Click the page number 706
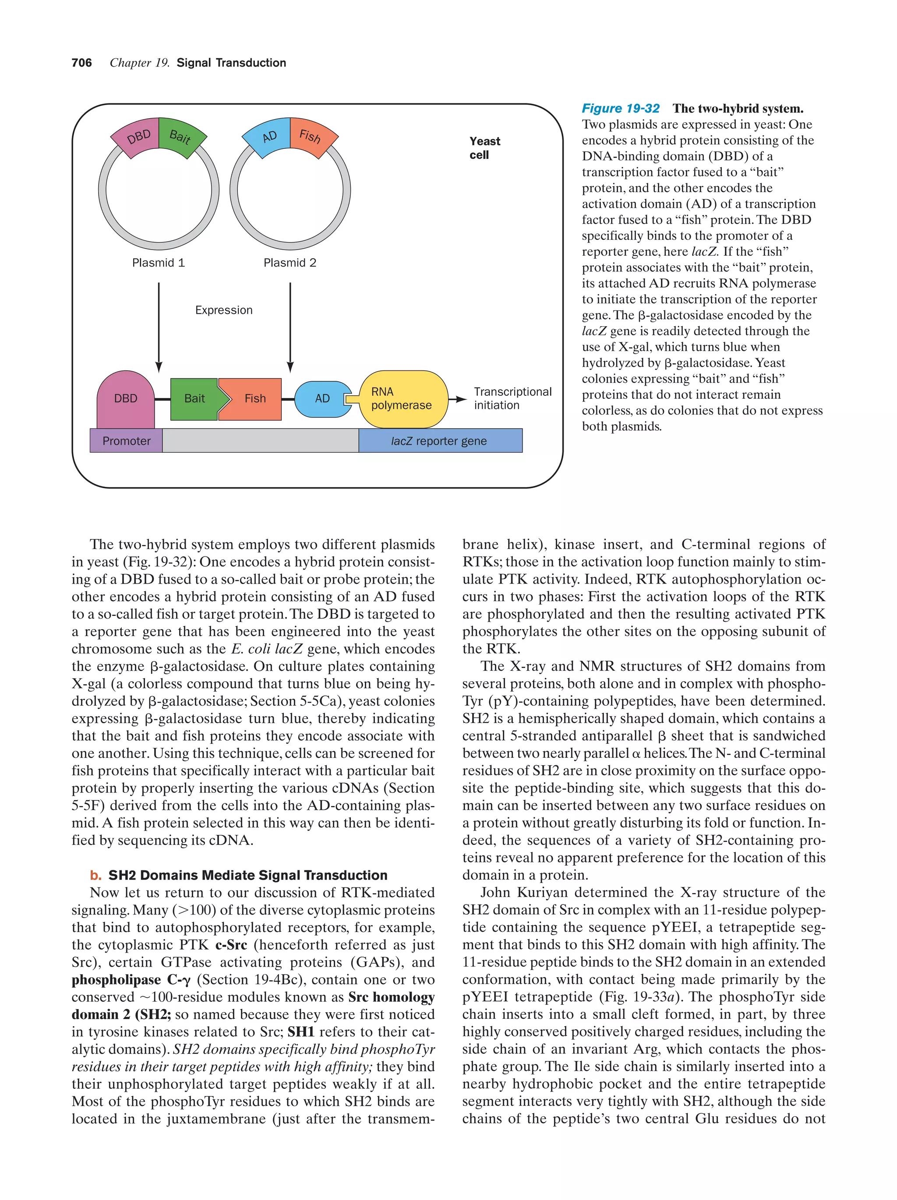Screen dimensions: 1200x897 point(81,63)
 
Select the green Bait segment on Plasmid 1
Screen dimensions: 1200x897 point(181,137)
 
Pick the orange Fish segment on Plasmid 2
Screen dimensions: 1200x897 point(311,136)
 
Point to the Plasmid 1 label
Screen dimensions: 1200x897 point(159,263)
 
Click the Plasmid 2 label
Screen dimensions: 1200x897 point(290,263)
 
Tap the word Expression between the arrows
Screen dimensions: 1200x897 point(223,310)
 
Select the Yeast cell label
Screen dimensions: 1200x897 point(484,148)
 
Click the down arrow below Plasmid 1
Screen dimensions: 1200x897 point(159,325)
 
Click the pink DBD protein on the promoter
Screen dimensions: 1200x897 point(125,399)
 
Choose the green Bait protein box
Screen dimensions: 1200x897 point(194,399)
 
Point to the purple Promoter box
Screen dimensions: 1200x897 point(126,441)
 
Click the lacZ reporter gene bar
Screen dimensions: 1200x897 point(440,441)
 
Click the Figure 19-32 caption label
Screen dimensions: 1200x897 point(620,109)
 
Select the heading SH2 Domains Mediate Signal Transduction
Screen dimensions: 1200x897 point(247,876)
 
